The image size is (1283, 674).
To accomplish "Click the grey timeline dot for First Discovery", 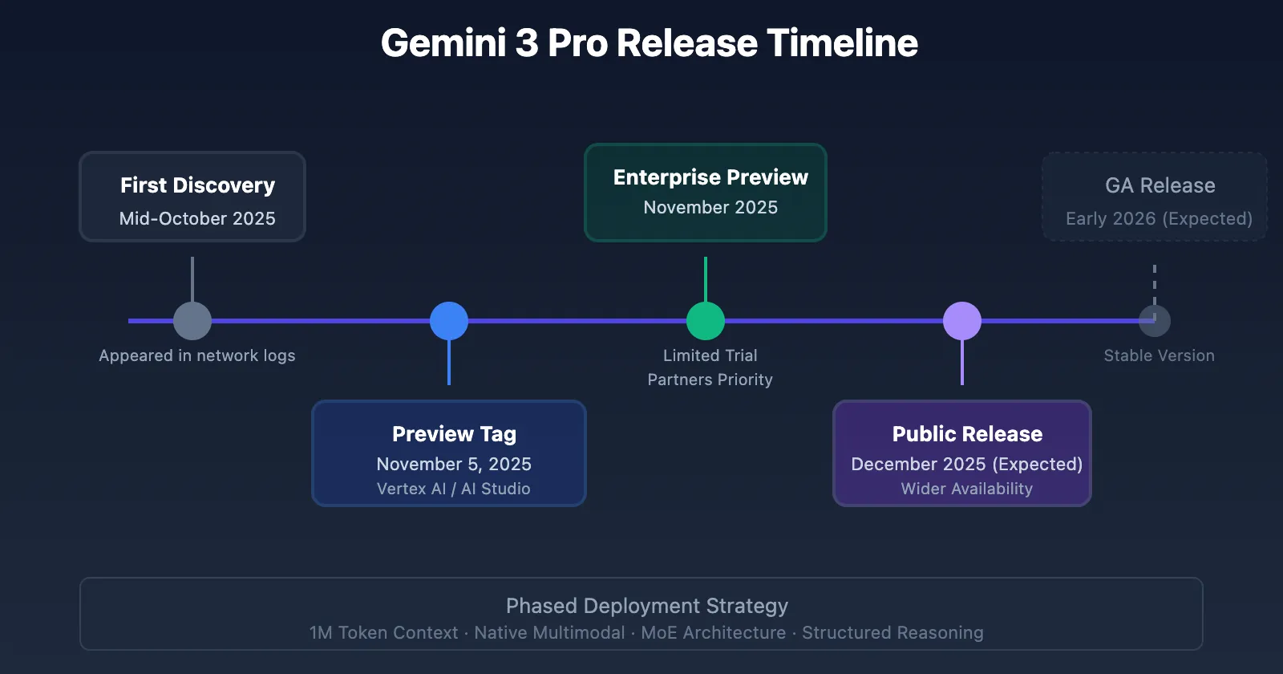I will pos(192,321).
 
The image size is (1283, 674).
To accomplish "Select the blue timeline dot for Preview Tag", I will pos(449,321).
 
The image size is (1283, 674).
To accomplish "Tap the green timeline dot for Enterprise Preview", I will pos(706,321).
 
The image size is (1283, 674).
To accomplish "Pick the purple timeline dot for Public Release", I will pos(962,321).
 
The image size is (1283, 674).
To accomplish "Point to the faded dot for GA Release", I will pos(1155,321).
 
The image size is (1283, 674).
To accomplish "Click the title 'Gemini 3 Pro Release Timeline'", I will pos(649,43).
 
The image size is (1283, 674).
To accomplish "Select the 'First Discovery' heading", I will pos(197,185).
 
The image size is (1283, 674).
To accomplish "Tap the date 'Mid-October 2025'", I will pos(197,218).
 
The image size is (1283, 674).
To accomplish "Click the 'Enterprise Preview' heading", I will pos(710,177).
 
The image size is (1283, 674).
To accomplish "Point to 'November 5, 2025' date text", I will pos(454,464).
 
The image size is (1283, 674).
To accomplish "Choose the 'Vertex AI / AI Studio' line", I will pos(454,489).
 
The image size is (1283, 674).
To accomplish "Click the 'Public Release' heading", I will pos(967,434).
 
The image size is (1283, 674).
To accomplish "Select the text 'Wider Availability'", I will pos(967,489).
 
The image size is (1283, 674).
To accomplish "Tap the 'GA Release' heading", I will pos(1160,185).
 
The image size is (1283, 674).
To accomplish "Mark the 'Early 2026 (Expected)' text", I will pos(1159,218).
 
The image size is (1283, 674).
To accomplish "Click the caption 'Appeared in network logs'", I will pos(197,355).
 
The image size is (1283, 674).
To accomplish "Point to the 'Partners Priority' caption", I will pos(710,380).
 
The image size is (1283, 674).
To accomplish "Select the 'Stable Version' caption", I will pos(1159,355).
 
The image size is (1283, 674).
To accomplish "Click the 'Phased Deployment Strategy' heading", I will pos(647,606).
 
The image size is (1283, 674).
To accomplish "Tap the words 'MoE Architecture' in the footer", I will pos(714,633).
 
